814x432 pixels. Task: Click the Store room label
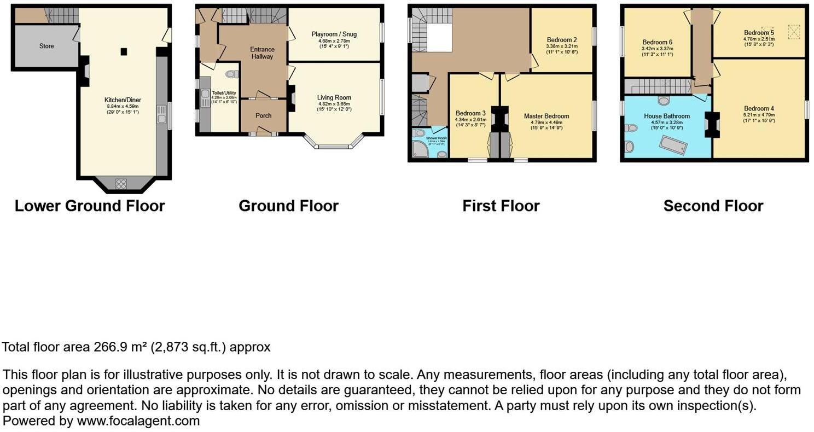pos(46,46)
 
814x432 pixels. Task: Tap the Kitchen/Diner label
pos(123,100)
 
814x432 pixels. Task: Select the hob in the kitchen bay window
pos(121,184)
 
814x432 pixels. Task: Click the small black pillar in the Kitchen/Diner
pos(124,51)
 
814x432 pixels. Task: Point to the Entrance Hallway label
pos(262,53)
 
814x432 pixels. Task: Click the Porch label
pos(264,115)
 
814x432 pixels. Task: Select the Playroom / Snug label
pos(334,34)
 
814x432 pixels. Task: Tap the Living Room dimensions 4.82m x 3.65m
pos(334,103)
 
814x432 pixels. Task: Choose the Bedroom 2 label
pos(562,40)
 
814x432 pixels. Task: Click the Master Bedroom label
pos(546,116)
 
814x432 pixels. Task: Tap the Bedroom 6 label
pos(657,42)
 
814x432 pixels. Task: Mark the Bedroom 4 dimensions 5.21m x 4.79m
pos(759,115)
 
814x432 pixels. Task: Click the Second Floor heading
pos(713,206)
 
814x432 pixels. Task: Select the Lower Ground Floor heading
pos(90,206)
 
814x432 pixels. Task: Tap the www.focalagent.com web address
pos(138,421)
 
